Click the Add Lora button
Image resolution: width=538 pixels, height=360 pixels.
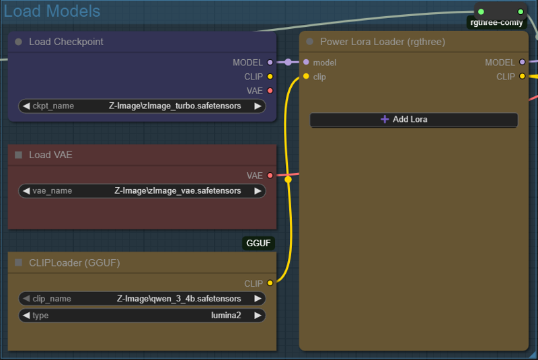click(414, 120)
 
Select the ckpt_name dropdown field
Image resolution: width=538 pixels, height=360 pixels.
click(142, 106)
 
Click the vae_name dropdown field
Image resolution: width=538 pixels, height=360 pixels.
click(142, 191)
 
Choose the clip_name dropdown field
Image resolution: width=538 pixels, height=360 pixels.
click(142, 299)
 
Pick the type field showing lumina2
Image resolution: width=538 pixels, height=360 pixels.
click(142, 316)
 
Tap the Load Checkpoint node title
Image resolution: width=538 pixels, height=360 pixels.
click(66, 42)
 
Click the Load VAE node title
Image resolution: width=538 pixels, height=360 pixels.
click(50, 155)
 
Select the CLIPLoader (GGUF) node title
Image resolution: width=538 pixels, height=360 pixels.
click(74, 262)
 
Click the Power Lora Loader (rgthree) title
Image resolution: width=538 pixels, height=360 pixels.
click(382, 42)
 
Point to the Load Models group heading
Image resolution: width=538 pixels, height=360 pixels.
click(52, 11)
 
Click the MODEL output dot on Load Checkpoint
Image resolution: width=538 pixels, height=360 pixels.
click(270, 63)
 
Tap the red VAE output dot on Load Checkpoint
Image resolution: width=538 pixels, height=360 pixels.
click(270, 90)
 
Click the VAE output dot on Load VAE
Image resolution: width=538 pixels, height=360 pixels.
click(270, 176)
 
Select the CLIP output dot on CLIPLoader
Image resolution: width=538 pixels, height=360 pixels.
click(270, 283)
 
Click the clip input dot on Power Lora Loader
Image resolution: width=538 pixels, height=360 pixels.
click(306, 77)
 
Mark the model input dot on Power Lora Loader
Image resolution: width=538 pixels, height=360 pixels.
click(306, 63)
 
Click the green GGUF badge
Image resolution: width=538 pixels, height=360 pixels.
click(258, 243)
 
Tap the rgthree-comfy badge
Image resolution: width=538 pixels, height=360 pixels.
click(496, 23)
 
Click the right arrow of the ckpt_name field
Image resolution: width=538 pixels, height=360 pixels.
click(258, 106)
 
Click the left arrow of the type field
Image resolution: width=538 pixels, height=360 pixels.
click(26, 316)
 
